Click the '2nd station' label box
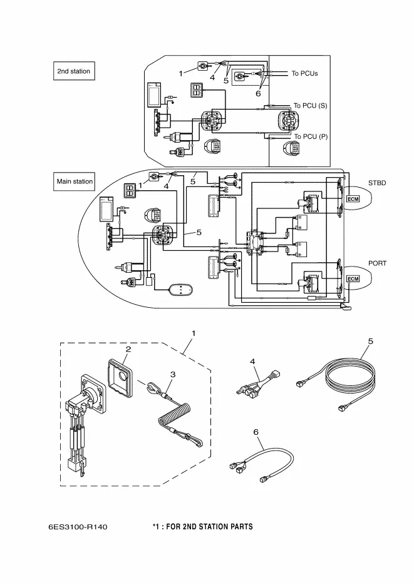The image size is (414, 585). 73,71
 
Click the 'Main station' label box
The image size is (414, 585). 75,181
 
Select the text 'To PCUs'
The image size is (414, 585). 304,73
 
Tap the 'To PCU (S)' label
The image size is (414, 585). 310,106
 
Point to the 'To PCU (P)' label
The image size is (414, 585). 310,136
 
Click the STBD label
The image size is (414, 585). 377,183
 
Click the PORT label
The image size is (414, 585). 377,263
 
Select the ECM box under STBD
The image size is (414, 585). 353,199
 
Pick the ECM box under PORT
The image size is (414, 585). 353,278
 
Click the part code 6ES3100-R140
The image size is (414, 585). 78,527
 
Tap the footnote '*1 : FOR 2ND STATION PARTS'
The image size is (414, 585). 202,527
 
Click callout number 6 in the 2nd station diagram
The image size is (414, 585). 257,93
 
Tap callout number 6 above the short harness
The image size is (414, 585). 256,432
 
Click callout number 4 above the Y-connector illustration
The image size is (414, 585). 252,362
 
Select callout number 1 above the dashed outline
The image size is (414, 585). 194,333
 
